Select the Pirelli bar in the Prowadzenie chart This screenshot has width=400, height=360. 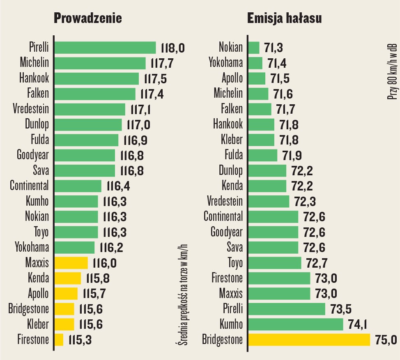point(105,48)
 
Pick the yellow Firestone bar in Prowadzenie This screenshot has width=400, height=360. point(59,339)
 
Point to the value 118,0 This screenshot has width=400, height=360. point(173,48)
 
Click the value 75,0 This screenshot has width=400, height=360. point(387,340)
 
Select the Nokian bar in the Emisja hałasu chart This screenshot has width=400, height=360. point(254,48)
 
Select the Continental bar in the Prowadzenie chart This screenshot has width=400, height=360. point(78,186)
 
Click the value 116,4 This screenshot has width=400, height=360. point(118,186)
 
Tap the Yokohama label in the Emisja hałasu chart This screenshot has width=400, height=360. point(226,63)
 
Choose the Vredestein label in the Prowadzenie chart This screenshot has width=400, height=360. point(30,109)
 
